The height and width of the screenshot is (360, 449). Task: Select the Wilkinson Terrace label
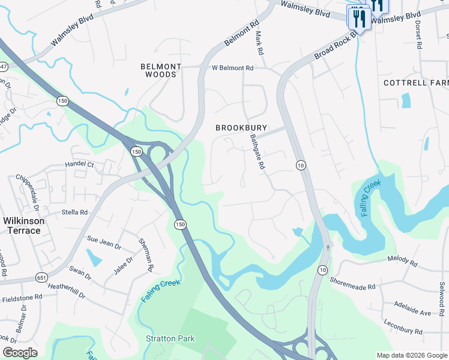[24, 226]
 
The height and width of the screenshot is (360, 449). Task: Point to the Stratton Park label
[170, 338]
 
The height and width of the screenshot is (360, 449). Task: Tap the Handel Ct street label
[80, 164]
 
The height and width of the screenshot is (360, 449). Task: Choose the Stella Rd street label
[74, 212]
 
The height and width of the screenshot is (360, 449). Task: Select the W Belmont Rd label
[233, 68]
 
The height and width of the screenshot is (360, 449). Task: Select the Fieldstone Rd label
[21, 296]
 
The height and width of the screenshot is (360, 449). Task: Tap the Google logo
[20, 352]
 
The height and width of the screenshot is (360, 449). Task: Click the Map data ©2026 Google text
[412, 355]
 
